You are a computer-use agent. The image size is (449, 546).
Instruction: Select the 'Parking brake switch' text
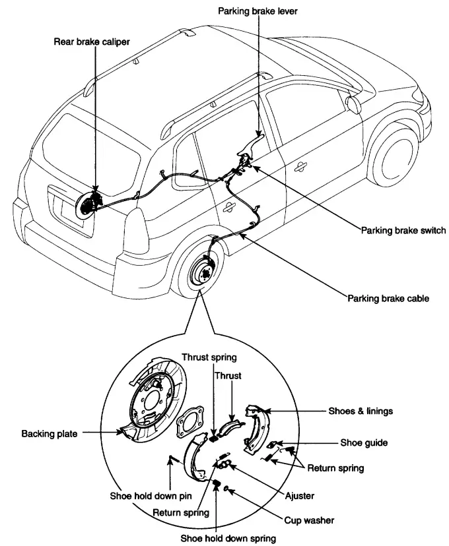tap(403, 231)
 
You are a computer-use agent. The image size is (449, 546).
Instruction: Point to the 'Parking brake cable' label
tap(388, 298)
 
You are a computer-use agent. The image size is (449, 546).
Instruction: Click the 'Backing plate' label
tap(49, 434)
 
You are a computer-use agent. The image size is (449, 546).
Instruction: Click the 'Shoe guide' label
tap(363, 443)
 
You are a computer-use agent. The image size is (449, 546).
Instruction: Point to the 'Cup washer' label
tap(309, 520)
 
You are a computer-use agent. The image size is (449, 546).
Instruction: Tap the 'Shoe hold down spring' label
tap(228, 538)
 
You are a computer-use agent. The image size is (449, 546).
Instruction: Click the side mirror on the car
tap(353, 104)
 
